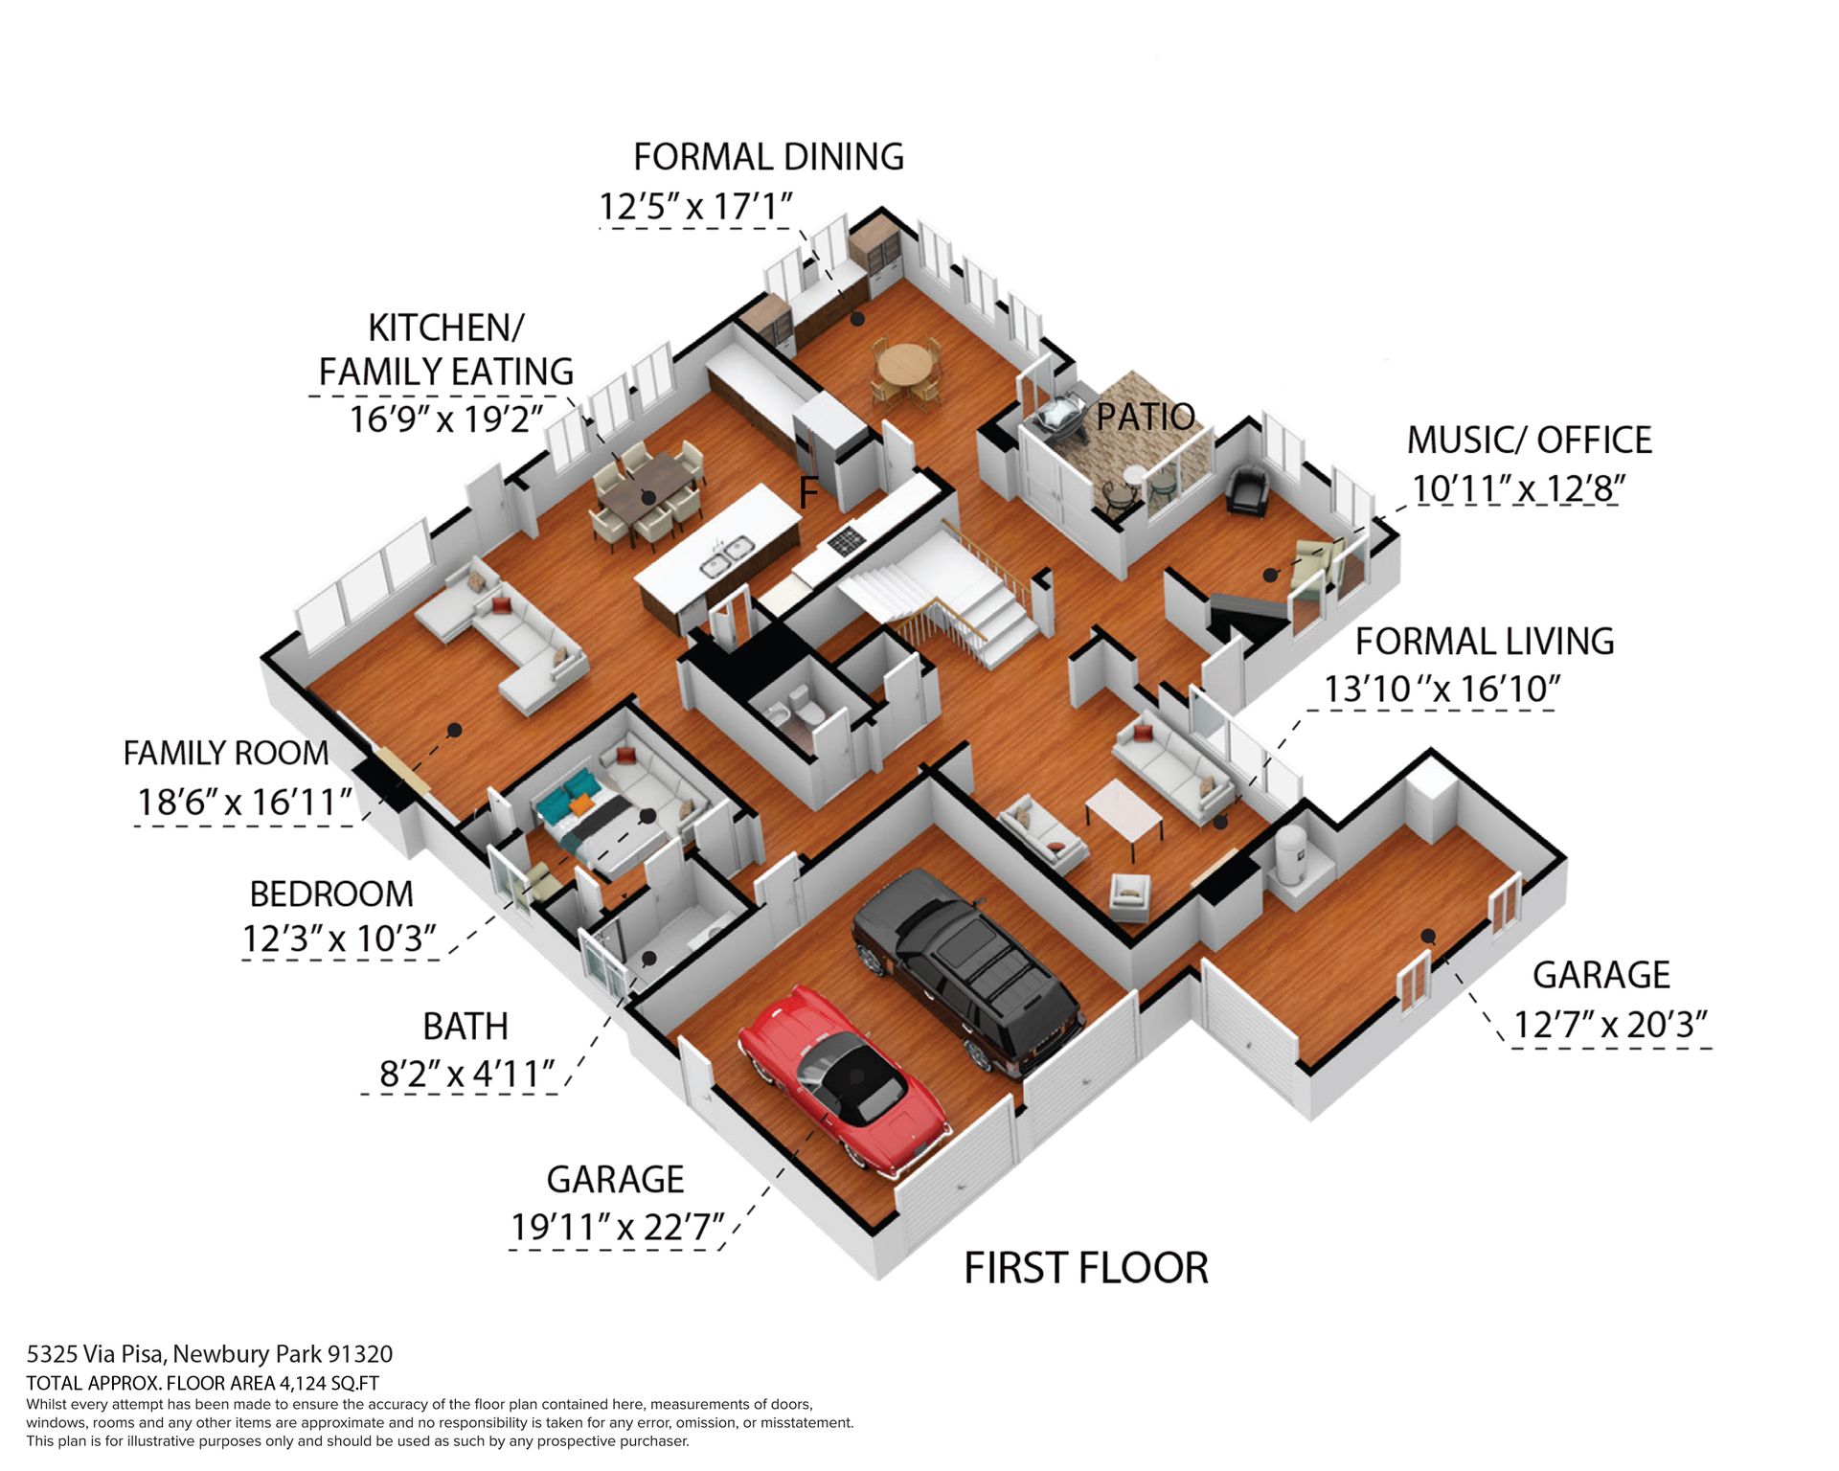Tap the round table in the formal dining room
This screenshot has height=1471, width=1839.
pos(904,365)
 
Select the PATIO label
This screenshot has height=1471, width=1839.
pos(1146,417)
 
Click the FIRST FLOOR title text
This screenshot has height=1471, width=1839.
pos(1086,1268)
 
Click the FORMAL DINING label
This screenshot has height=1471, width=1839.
pos(768,157)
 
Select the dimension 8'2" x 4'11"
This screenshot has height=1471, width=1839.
pos(467,1074)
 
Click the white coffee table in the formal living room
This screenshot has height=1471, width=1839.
pos(1124,809)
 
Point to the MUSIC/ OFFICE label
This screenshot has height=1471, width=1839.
pos(1529,440)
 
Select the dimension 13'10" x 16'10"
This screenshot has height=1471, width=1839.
pos(1442,689)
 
